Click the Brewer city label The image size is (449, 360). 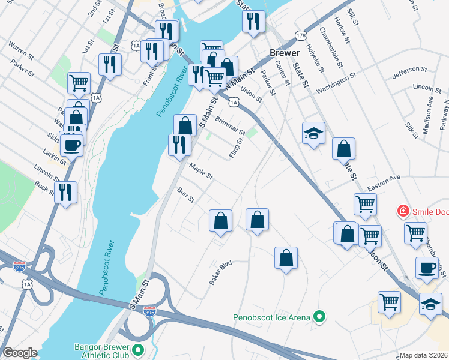tap(280, 53)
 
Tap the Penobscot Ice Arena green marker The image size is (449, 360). tap(320, 317)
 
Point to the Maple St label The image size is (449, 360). tap(201, 172)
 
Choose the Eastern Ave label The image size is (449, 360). tap(384, 183)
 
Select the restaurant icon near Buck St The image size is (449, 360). tap(65, 192)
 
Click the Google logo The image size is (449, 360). tap(20, 353)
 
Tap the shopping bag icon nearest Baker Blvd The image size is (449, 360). tap(221, 220)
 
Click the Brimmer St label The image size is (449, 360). tap(230, 125)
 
